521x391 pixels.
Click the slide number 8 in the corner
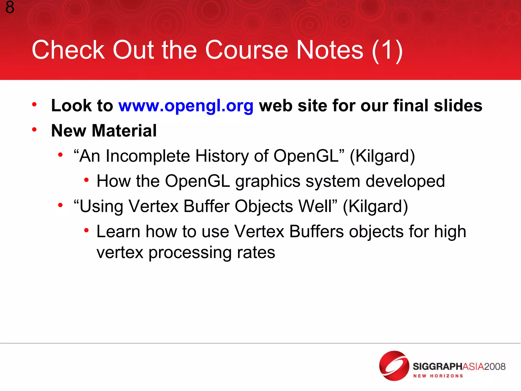(x=10, y=7)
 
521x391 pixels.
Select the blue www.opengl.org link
(x=186, y=106)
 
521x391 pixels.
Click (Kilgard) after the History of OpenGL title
(x=382, y=156)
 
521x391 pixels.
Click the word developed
(x=405, y=181)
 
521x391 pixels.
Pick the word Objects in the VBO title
(x=264, y=206)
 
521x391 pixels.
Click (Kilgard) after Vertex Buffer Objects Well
(x=375, y=206)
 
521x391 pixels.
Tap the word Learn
(x=119, y=232)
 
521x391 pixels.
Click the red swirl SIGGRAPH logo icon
(x=394, y=366)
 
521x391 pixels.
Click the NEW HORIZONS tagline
(x=438, y=376)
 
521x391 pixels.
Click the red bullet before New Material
(x=34, y=130)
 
